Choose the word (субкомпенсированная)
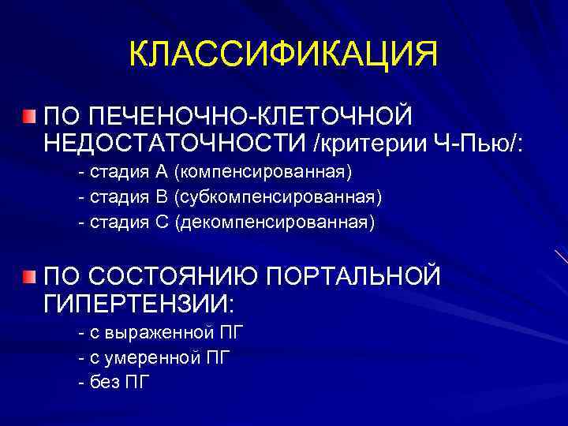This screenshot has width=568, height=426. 278,196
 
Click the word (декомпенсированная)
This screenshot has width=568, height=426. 275,222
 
